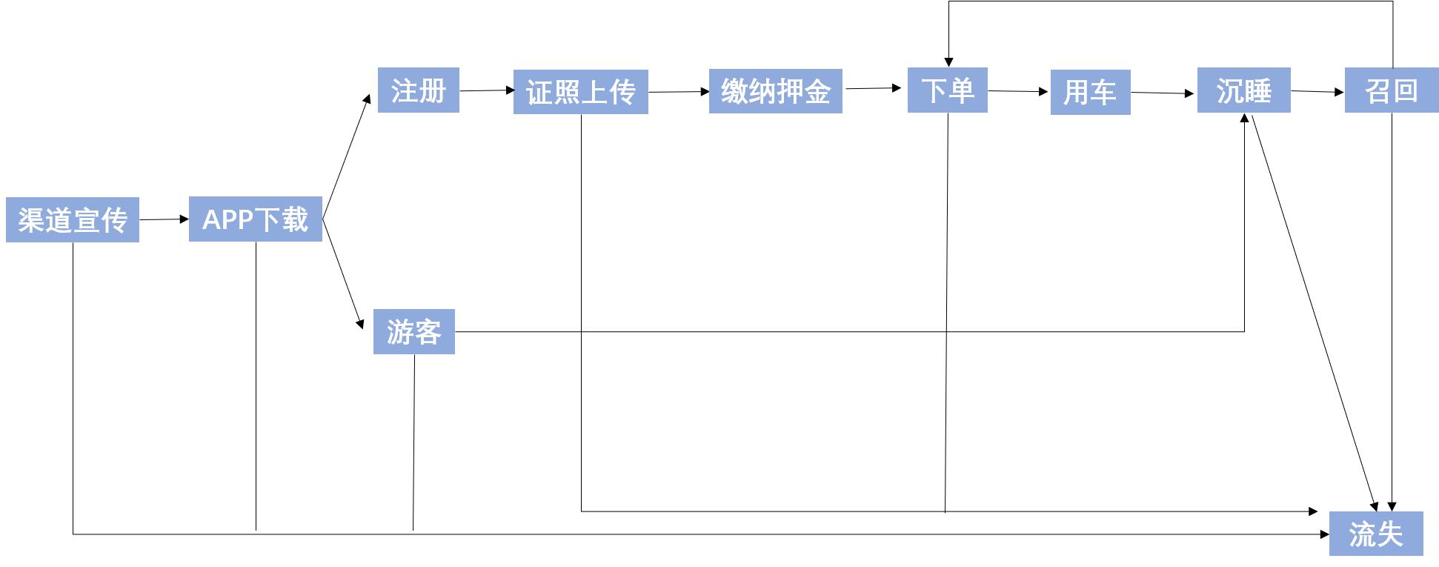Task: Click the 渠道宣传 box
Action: [73, 219]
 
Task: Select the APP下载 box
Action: [256, 219]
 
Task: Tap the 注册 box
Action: [419, 90]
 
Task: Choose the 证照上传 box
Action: [581, 92]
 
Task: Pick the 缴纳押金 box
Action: [776, 91]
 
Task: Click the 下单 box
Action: [948, 90]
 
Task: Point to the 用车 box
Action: [1091, 92]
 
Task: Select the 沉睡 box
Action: [1244, 90]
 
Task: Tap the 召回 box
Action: [1392, 90]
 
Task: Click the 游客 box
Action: [414, 331]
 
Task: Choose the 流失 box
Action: [1376, 534]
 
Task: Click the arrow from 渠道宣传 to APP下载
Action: [164, 219]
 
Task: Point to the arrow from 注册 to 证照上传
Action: [486, 90]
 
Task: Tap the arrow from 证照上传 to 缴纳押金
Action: [679, 92]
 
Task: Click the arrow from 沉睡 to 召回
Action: [1317, 91]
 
